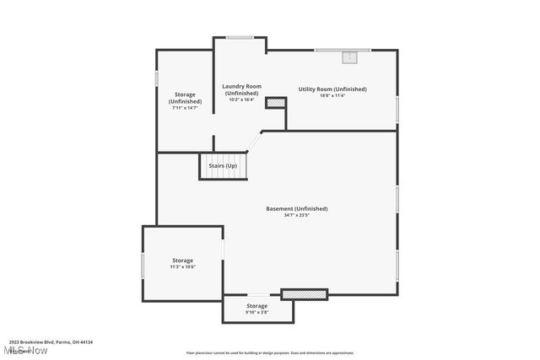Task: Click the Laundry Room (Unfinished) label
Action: (241, 89)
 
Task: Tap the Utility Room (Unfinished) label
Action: (332, 89)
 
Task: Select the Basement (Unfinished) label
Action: (296, 208)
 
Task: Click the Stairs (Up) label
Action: (223, 165)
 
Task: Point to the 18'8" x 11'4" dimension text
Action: (332, 95)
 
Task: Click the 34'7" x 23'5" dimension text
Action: (296, 215)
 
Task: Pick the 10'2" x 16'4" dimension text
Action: (241, 99)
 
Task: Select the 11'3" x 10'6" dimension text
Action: (182, 267)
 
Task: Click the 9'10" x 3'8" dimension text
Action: (256, 312)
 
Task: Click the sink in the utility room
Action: (349, 57)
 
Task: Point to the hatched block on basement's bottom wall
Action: (304, 294)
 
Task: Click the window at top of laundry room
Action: (240, 36)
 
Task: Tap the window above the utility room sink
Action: (343, 50)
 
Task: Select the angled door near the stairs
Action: (254, 141)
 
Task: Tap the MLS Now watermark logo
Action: (25, 350)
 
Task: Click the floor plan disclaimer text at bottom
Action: (270, 353)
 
